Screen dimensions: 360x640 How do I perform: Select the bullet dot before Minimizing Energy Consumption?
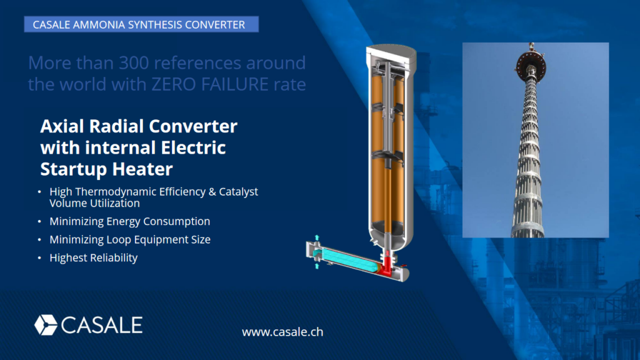(41, 222)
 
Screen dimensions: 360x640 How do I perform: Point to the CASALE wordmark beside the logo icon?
(102, 325)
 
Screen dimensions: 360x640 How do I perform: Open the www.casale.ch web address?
(282, 332)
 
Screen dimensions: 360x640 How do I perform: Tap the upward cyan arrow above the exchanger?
(317, 238)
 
